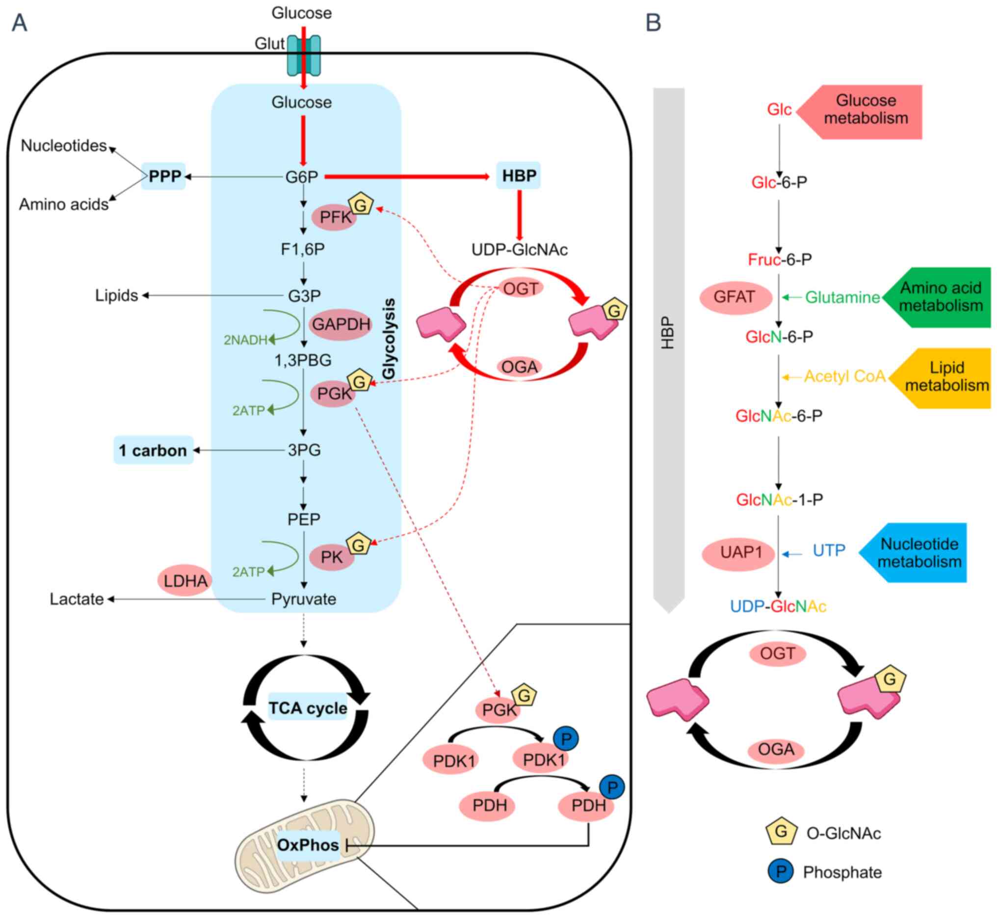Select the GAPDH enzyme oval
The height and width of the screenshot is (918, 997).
click(341, 324)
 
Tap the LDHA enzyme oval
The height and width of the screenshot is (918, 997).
click(185, 580)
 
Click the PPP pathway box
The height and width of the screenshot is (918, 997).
click(164, 176)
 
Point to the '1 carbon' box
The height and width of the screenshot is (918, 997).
click(153, 450)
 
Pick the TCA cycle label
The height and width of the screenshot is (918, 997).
click(308, 708)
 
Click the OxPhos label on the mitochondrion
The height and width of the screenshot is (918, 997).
click(308, 844)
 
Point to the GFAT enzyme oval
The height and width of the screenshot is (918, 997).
click(735, 297)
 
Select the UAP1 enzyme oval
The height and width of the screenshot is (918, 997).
click(738, 552)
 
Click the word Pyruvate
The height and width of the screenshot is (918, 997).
click(303, 599)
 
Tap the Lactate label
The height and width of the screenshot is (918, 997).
click(77, 599)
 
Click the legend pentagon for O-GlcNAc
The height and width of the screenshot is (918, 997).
click(781, 832)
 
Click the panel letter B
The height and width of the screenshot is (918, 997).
click(653, 23)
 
